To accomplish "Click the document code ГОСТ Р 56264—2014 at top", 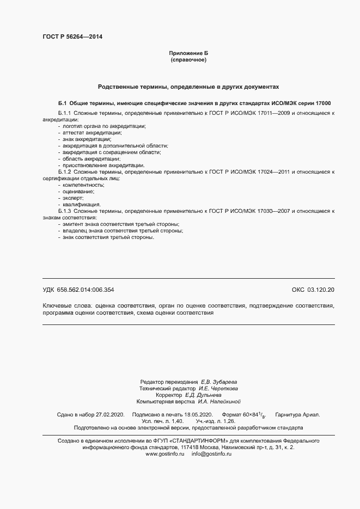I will (72, 37).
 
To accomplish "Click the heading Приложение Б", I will (188, 53).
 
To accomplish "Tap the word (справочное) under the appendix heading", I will (188, 59).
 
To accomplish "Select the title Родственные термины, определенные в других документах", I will (188, 87).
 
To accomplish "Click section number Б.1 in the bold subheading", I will (62, 103).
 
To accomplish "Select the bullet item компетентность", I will (83, 185).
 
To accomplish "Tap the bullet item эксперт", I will (75, 198).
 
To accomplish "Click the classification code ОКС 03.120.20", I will (313, 290).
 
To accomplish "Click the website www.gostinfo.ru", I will (165, 438).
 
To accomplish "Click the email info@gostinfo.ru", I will (211, 438).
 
